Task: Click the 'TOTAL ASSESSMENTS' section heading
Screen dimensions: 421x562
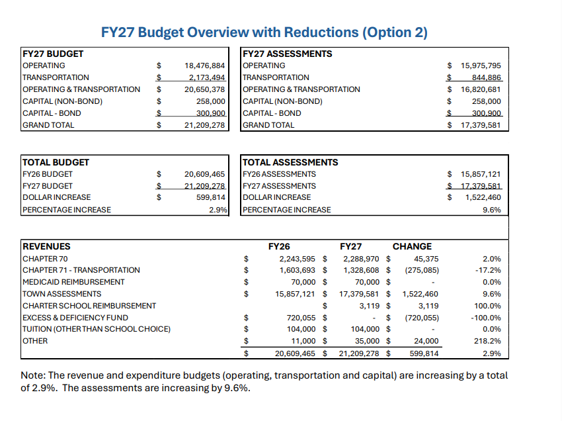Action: click(290, 162)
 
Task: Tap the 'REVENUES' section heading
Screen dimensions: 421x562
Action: click(46, 246)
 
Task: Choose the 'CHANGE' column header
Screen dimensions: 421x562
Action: click(412, 246)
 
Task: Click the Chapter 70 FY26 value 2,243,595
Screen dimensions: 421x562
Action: click(299, 258)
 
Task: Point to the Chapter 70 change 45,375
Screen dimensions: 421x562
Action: click(425, 258)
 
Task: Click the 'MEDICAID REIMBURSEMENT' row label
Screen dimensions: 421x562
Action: click(73, 282)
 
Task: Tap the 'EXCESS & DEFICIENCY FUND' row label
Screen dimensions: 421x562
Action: click(75, 318)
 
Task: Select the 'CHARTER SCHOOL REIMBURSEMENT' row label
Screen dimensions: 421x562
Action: click(89, 306)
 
